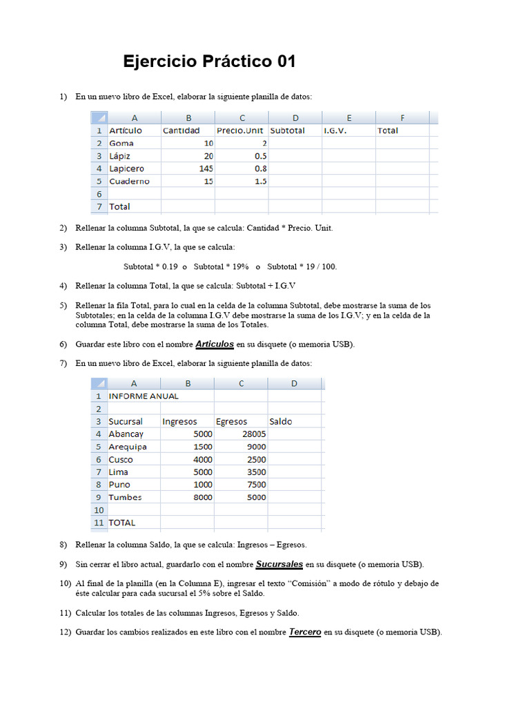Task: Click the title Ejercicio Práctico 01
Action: click(209, 61)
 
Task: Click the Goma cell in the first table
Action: click(121, 143)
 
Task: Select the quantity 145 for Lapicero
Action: click(204, 168)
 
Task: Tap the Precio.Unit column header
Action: click(241, 130)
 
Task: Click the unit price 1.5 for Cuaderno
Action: click(260, 181)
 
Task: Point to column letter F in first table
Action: click(402, 117)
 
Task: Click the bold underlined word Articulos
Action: click(215, 344)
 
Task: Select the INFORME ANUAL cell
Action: click(144, 396)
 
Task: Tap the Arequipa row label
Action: click(128, 447)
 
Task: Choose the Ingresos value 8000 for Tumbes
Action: click(202, 497)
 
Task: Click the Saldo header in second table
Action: click(281, 422)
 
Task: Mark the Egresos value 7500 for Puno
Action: click(256, 485)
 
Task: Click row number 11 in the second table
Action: click(99, 523)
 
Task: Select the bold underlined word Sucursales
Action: click(279, 564)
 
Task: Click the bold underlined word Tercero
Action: click(305, 632)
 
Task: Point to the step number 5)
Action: click(63, 305)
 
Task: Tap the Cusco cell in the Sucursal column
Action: click(121, 459)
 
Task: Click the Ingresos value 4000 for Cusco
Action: click(202, 459)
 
